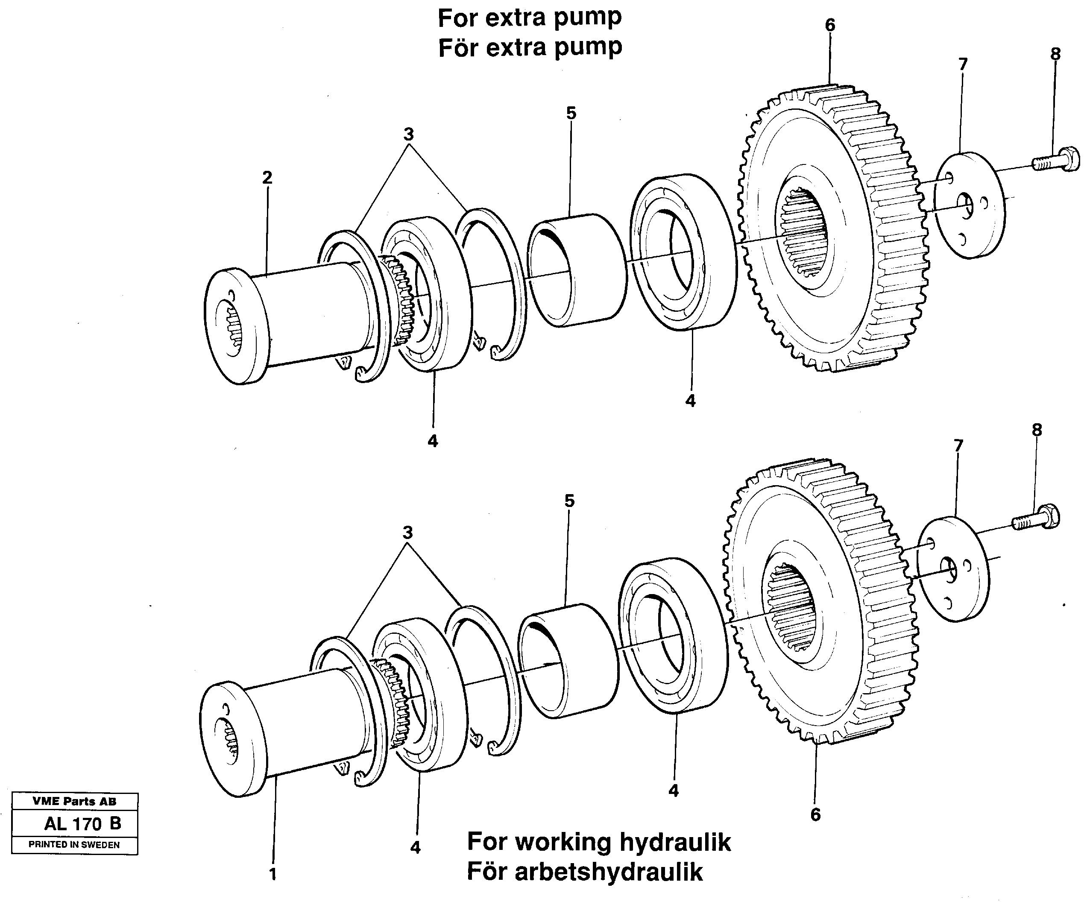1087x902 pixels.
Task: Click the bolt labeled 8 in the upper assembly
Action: (1056, 161)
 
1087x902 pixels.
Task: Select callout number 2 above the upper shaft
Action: (267, 178)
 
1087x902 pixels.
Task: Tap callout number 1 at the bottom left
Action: (273, 874)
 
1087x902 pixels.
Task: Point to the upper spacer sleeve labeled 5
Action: (576, 269)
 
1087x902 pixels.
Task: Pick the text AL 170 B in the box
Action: (82, 823)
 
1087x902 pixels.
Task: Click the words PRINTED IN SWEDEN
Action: (74, 845)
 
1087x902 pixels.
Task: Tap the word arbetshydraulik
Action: (609, 872)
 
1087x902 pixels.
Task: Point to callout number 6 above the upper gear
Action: (830, 25)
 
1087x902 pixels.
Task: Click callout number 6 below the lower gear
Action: (815, 815)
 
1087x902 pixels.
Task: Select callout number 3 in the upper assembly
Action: (408, 135)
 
